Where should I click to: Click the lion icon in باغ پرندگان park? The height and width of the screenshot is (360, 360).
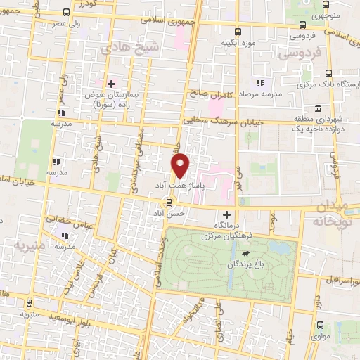(245, 253)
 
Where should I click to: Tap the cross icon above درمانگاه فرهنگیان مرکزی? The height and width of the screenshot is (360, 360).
(226, 214)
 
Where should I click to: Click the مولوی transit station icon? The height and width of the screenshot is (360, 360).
(321, 325)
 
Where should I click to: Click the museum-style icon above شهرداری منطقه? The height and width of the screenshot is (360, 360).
(318, 110)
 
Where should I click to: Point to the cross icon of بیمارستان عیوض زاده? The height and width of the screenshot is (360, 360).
(108, 83)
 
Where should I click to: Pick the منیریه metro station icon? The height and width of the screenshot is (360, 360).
(29, 302)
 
